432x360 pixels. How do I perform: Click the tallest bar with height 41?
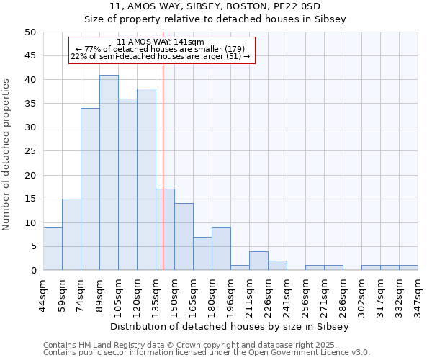click(109, 173)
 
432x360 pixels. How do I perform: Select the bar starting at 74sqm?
click(90, 189)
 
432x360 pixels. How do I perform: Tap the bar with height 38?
click(146, 180)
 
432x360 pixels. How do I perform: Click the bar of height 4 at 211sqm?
click(258, 261)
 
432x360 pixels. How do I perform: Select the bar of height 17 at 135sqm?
click(165, 230)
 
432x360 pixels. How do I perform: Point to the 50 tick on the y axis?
click(30, 32)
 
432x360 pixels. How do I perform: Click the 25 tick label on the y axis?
click(30, 151)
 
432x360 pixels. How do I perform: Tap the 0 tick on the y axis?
click(32, 271)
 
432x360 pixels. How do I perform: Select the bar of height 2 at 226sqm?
click(277, 266)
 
